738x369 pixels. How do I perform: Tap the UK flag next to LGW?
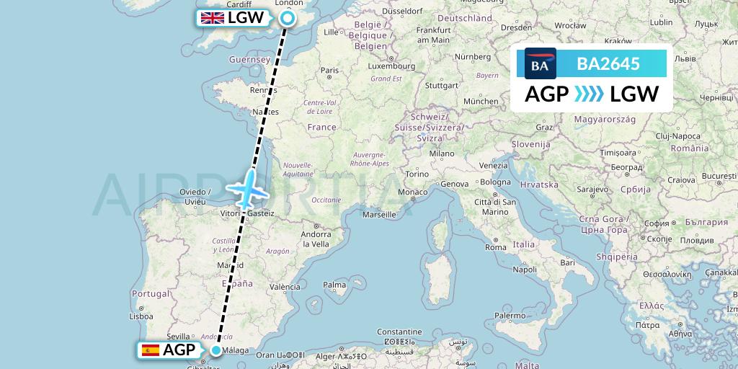tap(212, 19)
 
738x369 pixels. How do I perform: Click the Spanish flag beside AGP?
tap(151, 350)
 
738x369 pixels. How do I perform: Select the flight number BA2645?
tap(608, 63)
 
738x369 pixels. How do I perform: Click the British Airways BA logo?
tap(541, 63)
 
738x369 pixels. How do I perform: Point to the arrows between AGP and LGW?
tap(590, 94)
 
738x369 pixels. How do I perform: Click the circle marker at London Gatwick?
tap(288, 19)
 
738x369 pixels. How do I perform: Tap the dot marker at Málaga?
tap(216, 351)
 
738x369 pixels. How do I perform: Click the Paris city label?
tap(329, 71)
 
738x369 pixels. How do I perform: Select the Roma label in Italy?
tap(496, 247)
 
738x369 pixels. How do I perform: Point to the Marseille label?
tap(380, 214)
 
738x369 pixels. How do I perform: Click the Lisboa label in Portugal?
tap(141, 316)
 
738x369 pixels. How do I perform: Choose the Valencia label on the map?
tap(284, 287)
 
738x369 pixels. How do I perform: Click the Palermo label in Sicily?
tap(510, 316)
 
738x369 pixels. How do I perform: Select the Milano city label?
tap(442, 154)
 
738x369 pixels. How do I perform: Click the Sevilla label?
tap(177, 336)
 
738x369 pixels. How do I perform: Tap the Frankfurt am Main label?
tap(433, 35)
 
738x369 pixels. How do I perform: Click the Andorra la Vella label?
tap(316, 239)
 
